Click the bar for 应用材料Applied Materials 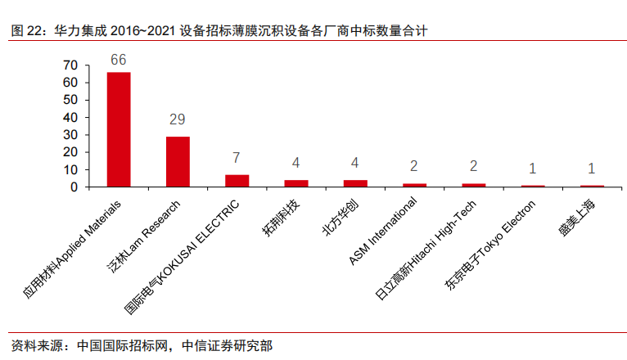tap(119, 129)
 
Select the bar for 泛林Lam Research tap(178, 161)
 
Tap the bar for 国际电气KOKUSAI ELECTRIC tap(237, 181)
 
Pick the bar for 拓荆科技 tap(296, 183)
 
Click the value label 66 tap(119, 60)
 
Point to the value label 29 tap(178, 119)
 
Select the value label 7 tap(237, 156)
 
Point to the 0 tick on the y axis tap(74, 187)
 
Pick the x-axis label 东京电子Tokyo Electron tap(489, 242)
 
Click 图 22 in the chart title tap(27, 31)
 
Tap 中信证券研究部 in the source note tap(223, 345)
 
